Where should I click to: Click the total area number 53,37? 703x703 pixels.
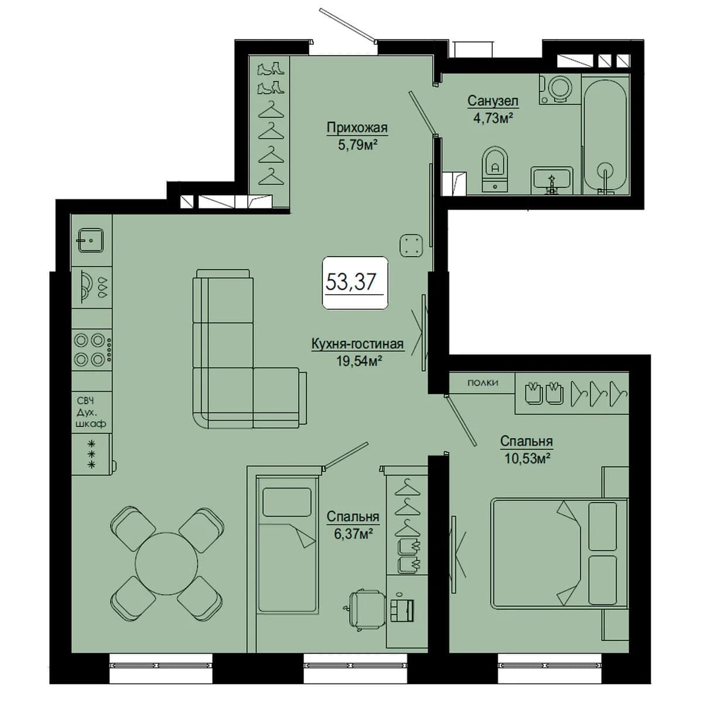pos(350,282)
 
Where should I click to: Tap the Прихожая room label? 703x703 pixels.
pos(357,128)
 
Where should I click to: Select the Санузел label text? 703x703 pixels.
pos(493,101)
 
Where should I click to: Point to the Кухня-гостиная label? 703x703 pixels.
pos(357,344)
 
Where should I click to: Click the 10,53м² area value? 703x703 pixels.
pos(527,458)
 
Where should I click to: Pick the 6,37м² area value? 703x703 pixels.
pos(353,534)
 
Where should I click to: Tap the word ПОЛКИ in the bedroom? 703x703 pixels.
pos(483,383)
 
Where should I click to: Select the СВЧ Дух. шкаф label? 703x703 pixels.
pos(91,412)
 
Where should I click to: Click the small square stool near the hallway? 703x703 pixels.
pos(411,245)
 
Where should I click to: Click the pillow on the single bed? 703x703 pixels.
pos(286,502)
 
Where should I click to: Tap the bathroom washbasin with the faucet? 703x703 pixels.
pos(552,180)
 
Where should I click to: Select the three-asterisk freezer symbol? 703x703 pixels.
pos(92,455)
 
